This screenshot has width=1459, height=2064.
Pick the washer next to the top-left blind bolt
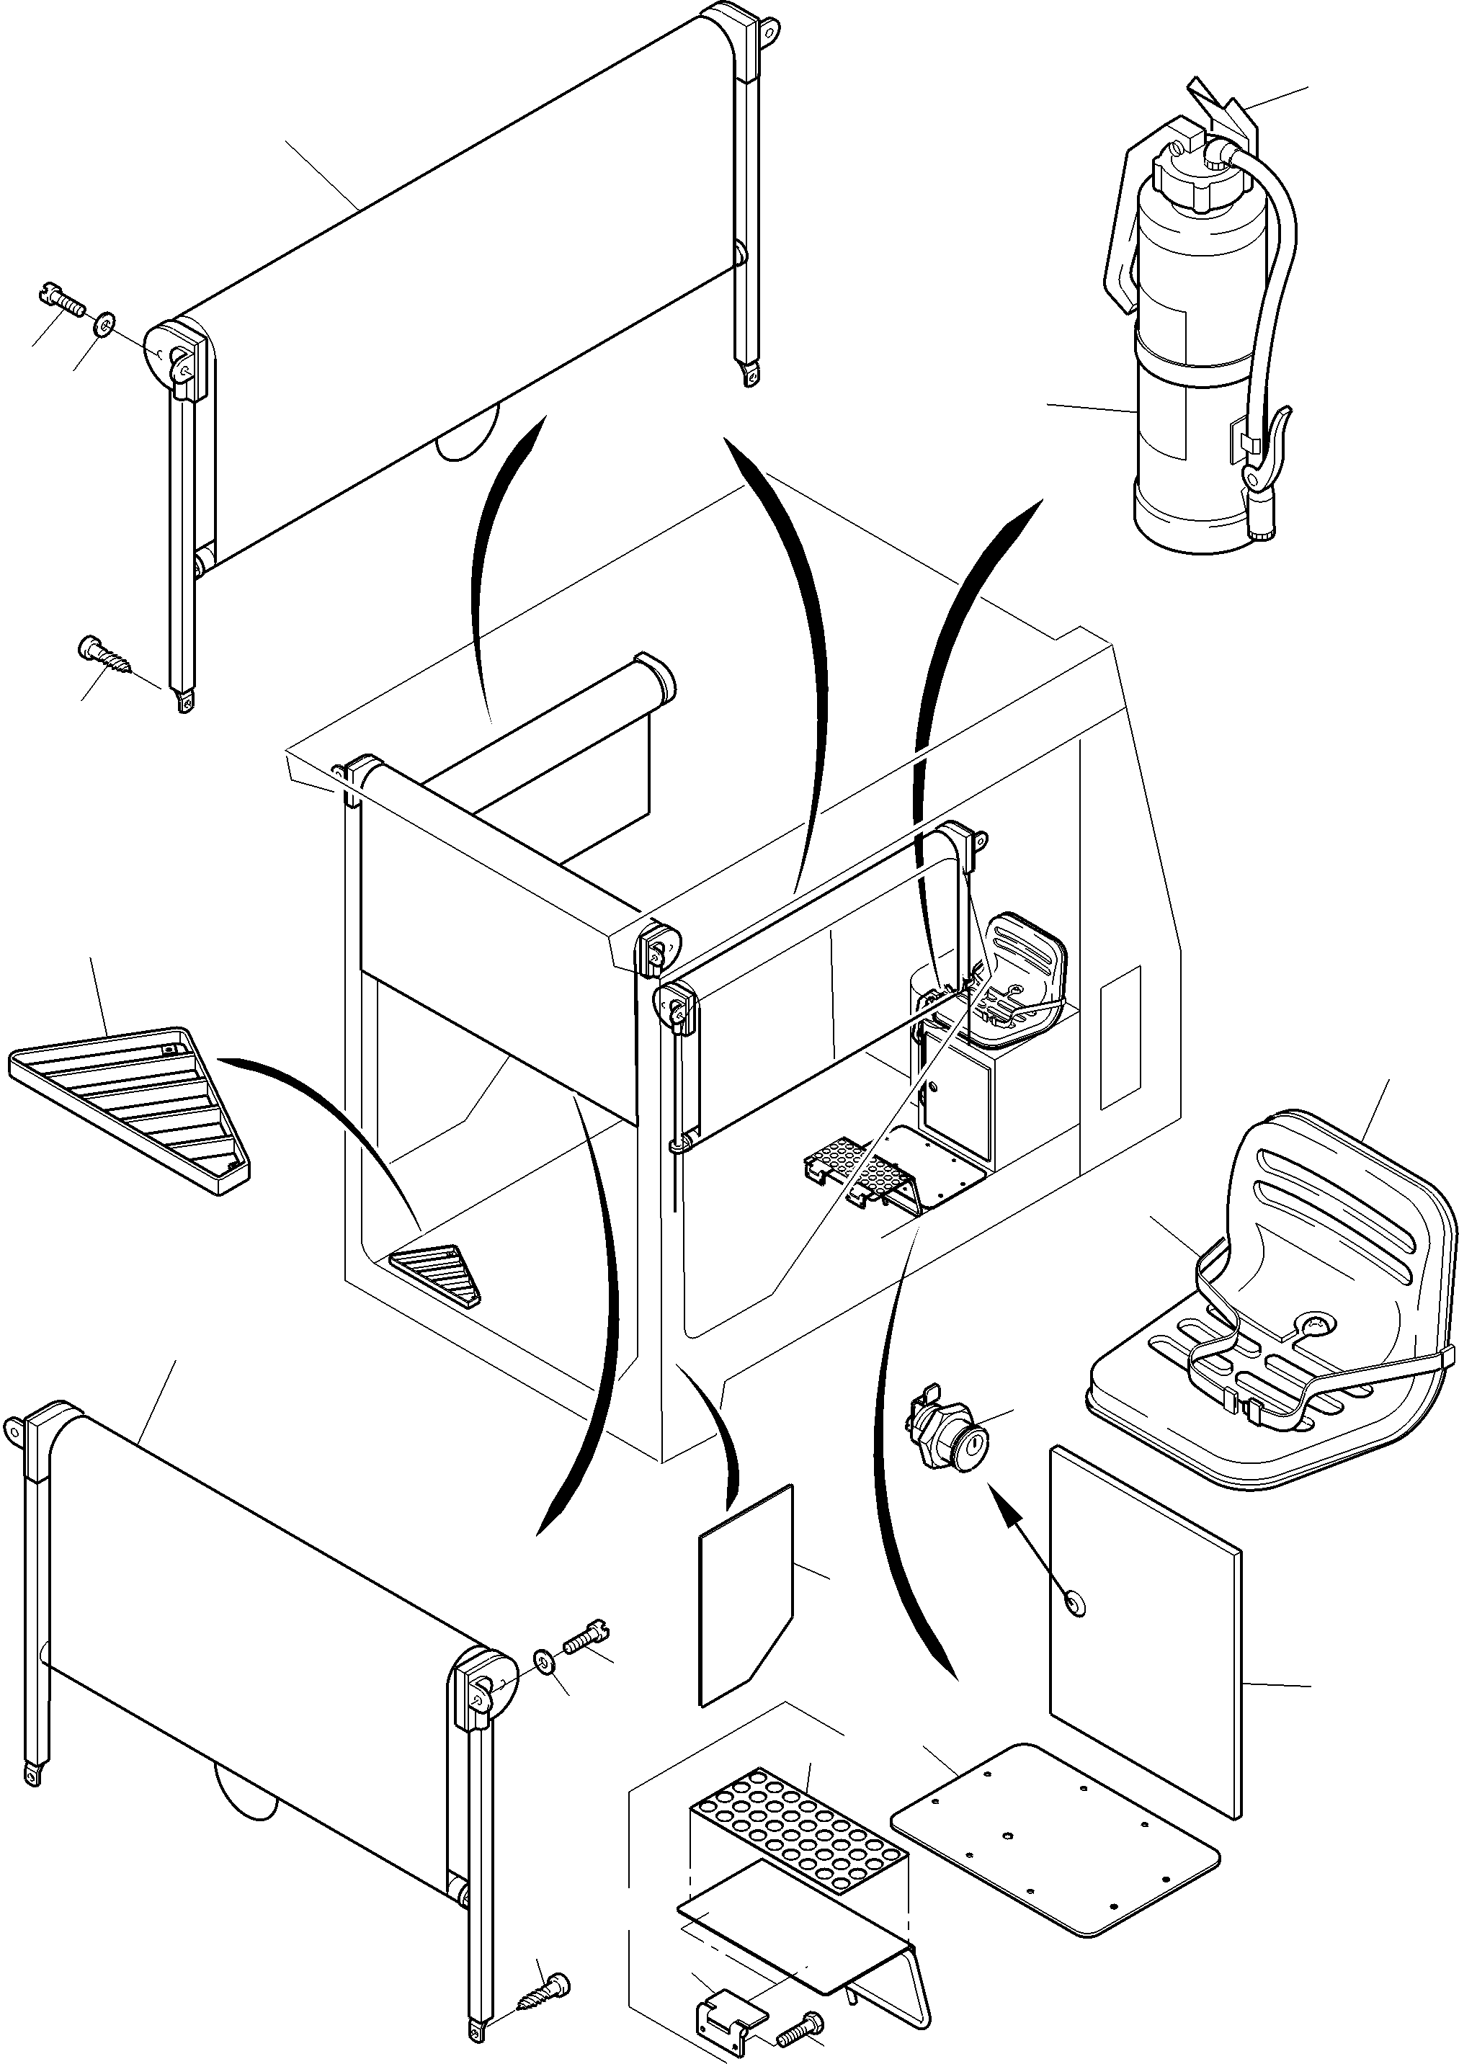pos(106,322)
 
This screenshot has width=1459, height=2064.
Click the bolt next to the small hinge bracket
pos(799,2021)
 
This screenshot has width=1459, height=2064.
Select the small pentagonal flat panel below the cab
pos(746,1596)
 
